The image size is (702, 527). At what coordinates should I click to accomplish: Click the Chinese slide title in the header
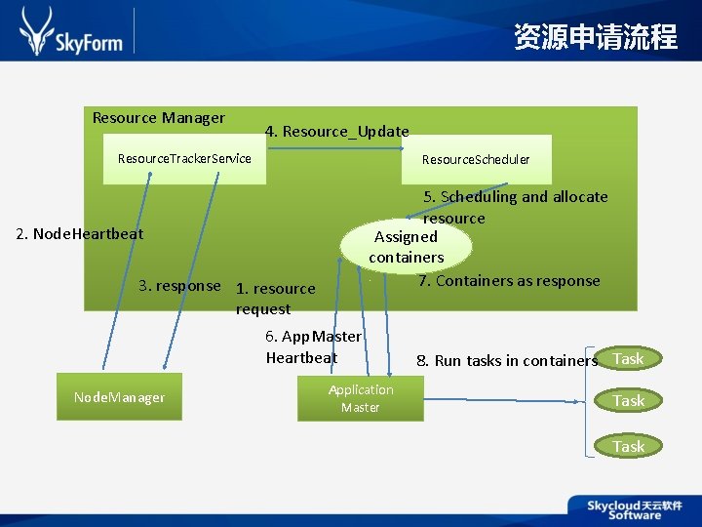pyautogui.click(x=595, y=37)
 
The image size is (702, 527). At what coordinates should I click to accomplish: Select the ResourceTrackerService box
pyautogui.click(x=184, y=158)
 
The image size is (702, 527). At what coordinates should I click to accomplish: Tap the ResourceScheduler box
pyautogui.click(x=476, y=159)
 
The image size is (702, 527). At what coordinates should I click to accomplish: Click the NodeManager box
pyautogui.click(x=119, y=397)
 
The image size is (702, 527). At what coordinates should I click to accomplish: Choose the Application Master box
pyautogui.click(x=361, y=398)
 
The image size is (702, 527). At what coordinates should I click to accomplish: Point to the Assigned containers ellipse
pyautogui.click(x=406, y=247)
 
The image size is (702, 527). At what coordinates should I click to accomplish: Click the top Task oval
pyautogui.click(x=628, y=358)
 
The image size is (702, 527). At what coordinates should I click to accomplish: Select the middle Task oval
pyautogui.click(x=628, y=400)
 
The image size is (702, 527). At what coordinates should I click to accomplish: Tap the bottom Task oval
pyautogui.click(x=628, y=446)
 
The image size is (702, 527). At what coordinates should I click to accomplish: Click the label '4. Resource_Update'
pyautogui.click(x=336, y=131)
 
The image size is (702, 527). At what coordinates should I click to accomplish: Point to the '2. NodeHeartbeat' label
pyautogui.click(x=80, y=233)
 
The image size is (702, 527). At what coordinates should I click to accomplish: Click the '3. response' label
pyautogui.click(x=179, y=286)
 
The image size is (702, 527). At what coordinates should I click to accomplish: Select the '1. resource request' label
pyautogui.click(x=275, y=299)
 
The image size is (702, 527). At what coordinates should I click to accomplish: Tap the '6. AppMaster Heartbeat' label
pyautogui.click(x=312, y=346)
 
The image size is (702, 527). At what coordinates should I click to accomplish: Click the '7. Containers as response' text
pyautogui.click(x=509, y=281)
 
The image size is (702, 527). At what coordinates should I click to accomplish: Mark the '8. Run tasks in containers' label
pyautogui.click(x=506, y=360)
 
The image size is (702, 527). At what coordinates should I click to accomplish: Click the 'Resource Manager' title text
pyautogui.click(x=158, y=118)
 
